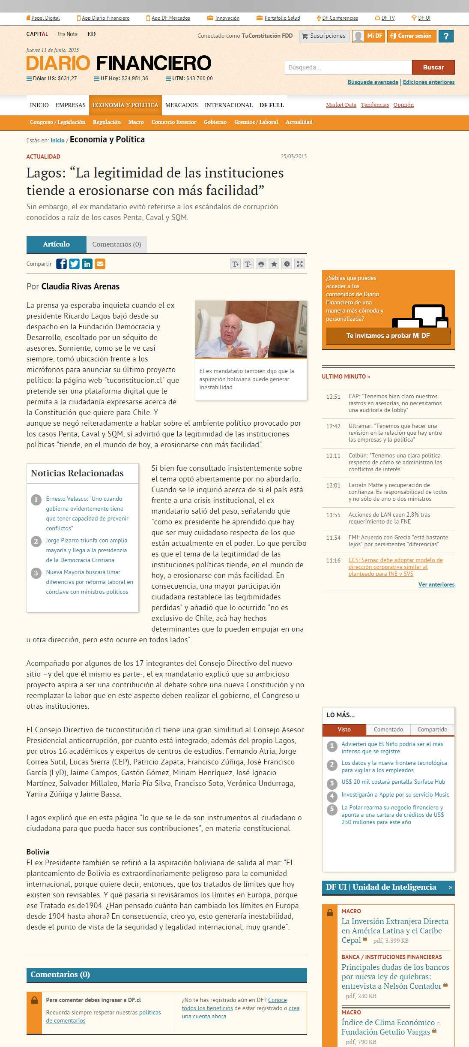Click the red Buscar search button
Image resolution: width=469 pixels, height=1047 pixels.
pyautogui.click(x=433, y=67)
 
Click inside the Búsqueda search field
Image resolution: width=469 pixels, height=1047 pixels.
pyautogui.click(x=348, y=67)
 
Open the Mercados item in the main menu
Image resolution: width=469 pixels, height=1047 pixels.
pyautogui.click(x=181, y=105)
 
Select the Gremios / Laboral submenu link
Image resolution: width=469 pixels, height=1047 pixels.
pyautogui.click(x=256, y=122)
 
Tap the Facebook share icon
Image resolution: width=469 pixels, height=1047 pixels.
pyautogui.click(x=62, y=264)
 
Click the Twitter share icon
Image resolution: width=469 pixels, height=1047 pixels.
pyautogui.click(x=75, y=264)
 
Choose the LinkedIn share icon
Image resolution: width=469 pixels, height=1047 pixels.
pyautogui.click(x=87, y=264)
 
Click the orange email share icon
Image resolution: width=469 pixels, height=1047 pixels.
pyautogui.click(x=100, y=264)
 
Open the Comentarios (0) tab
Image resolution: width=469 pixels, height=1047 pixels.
pyautogui.click(x=117, y=244)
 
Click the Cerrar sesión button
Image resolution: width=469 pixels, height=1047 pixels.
pyautogui.click(x=411, y=36)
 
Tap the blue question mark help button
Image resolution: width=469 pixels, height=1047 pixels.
pyautogui.click(x=446, y=36)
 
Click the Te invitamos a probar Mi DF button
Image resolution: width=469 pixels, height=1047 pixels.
pyautogui.click(x=388, y=336)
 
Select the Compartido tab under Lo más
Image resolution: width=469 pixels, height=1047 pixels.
pyautogui.click(x=432, y=729)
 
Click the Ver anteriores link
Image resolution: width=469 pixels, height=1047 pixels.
pyautogui.click(x=436, y=584)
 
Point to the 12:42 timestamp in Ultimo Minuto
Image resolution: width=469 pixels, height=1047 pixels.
pyautogui.click(x=333, y=426)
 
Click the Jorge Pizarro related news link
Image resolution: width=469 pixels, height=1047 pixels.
pyautogui.click(x=87, y=550)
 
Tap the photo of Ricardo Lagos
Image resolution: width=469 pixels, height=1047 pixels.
pyautogui.click(x=251, y=329)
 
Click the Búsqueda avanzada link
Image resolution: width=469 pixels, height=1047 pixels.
pyautogui.click(x=373, y=82)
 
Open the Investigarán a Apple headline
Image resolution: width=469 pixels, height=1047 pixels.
pyautogui.click(x=395, y=794)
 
